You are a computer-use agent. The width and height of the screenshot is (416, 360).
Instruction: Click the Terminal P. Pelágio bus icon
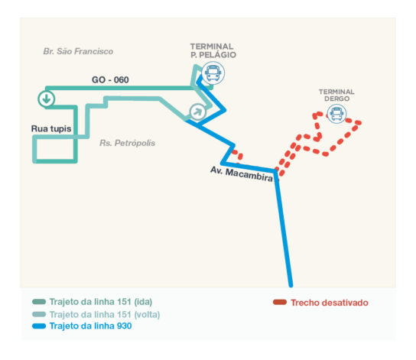pos(213,73)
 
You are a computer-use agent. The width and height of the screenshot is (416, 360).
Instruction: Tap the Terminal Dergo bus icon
pos(336,114)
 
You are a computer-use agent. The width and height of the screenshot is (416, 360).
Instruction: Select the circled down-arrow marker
pos(47,99)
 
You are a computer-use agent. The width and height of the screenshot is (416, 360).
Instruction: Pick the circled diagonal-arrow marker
pos(197,112)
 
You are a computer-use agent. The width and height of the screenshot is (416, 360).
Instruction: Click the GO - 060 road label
pos(110,79)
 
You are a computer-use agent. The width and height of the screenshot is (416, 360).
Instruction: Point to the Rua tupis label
pos(51,128)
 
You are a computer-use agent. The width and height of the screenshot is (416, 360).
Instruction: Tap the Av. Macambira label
pos(242,174)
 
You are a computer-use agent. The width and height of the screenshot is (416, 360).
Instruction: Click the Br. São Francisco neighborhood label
pos(78,51)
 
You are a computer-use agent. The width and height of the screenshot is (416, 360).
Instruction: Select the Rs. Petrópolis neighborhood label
pos(128,143)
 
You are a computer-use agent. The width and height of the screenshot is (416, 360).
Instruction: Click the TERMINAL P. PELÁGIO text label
pos(213,50)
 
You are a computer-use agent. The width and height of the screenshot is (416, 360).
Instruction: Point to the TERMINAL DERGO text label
pos(336,96)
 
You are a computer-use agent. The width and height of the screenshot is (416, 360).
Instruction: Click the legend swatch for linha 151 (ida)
pos(39,302)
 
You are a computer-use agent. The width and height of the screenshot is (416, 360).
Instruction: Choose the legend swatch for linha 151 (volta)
pos(39,314)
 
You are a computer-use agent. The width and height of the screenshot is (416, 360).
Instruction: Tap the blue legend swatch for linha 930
pos(39,326)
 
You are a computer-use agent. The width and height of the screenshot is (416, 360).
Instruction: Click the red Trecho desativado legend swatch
pos(280,302)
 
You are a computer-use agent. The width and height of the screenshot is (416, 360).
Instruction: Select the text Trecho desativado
pos(330,303)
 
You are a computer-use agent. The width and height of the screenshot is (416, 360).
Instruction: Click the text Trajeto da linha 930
pos(90,326)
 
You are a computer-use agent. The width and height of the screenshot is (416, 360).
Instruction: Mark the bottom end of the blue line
pos(291,286)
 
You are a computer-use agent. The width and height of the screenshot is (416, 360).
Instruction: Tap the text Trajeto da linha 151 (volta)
pos(105,314)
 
